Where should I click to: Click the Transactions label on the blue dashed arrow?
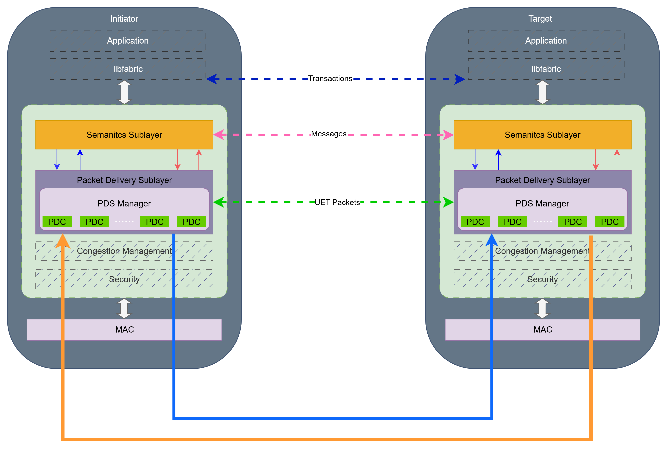[330, 79]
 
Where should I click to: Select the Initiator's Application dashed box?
[128, 41]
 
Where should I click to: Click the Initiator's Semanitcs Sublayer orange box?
[124, 135]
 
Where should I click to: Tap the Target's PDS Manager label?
[542, 204]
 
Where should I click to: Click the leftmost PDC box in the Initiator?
[57, 222]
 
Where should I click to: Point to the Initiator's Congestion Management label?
[124, 251]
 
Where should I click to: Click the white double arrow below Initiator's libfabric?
[124, 92]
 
